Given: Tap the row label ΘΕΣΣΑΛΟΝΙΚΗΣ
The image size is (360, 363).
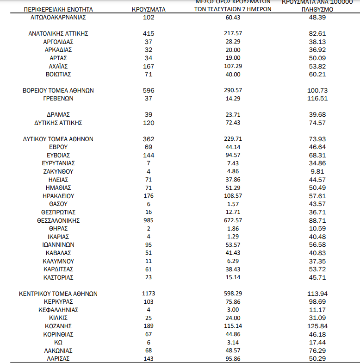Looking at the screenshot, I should (x=58, y=220).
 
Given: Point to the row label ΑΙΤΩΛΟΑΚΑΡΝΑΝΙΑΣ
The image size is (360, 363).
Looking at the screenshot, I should (x=58, y=17).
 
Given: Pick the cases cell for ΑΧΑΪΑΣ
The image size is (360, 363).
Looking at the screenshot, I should (x=149, y=66).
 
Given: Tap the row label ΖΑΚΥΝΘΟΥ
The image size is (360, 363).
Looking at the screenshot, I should (x=58, y=171).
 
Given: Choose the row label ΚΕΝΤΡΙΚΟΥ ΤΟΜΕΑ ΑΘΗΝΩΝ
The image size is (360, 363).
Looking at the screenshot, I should (x=58, y=294).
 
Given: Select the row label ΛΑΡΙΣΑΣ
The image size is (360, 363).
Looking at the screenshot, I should (x=58, y=359).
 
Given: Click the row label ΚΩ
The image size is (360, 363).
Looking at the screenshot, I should (x=58, y=342).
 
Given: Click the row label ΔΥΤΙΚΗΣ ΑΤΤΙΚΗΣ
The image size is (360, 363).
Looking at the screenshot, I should (x=58, y=123).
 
